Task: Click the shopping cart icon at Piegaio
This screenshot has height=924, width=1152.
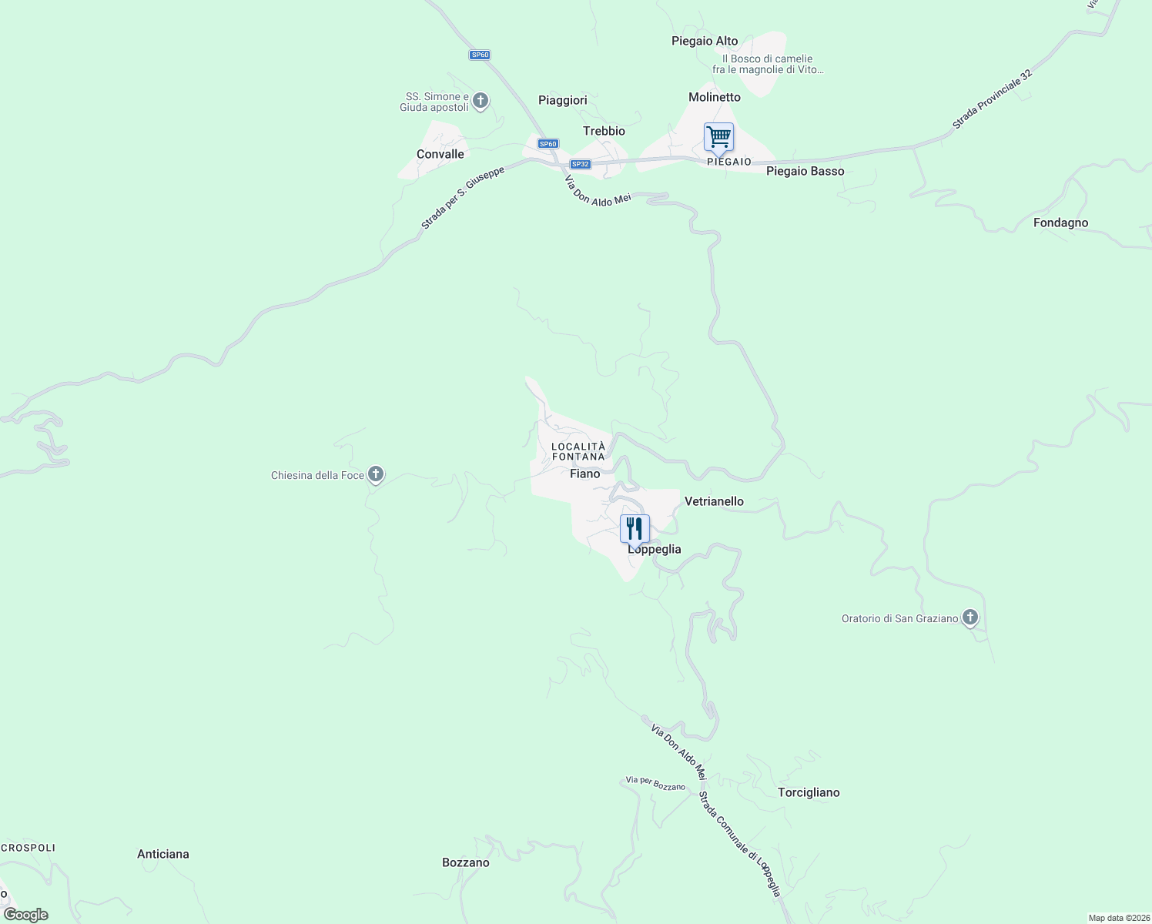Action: point(718,138)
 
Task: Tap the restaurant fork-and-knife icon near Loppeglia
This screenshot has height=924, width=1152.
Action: point(635,528)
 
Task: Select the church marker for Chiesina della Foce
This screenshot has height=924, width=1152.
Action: point(376,474)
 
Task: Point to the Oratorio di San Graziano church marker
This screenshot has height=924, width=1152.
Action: point(970,618)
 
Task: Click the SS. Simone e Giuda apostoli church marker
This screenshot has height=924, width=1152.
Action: point(480,101)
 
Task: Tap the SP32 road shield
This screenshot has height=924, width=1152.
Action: point(580,164)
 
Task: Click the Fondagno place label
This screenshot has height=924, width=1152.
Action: point(1060,223)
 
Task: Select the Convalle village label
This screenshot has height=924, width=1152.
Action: point(440,154)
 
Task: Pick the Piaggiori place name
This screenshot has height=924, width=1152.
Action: point(563,100)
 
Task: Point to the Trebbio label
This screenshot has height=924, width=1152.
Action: point(604,131)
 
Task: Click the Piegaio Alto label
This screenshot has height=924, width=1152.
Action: point(705,41)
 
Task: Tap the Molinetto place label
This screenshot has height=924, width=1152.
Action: point(714,97)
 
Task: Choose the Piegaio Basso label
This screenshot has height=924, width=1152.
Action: point(805,171)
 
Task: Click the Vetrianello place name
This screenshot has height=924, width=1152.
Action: point(714,501)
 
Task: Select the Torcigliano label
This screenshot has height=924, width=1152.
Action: point(809,792)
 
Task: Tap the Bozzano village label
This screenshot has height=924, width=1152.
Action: point(466,862)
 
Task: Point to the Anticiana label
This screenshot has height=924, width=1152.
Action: point(163,854)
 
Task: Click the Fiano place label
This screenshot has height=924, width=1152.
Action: point(584,474)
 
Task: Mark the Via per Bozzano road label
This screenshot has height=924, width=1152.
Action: point(655,784)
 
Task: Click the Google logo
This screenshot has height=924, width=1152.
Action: point(26,914)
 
